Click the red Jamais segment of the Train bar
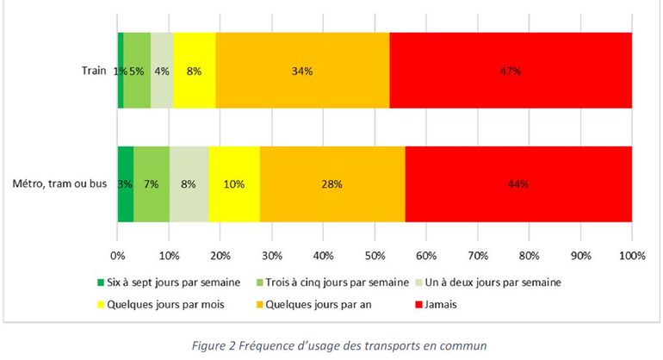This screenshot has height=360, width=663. click(x=511, y=71)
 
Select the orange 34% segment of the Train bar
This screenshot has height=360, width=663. click(x=302, y=71)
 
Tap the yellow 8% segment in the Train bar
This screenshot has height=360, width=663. click(x=194, y=71)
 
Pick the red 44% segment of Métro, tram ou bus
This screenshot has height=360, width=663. click(x=518, y=184)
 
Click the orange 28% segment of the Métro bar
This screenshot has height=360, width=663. click(x=332, y=184)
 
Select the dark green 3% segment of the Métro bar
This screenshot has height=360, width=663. click(x=126, y=184)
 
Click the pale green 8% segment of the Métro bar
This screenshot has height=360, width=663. click(x=189, y=184)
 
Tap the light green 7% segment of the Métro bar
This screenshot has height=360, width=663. click(x=152, y=184)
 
